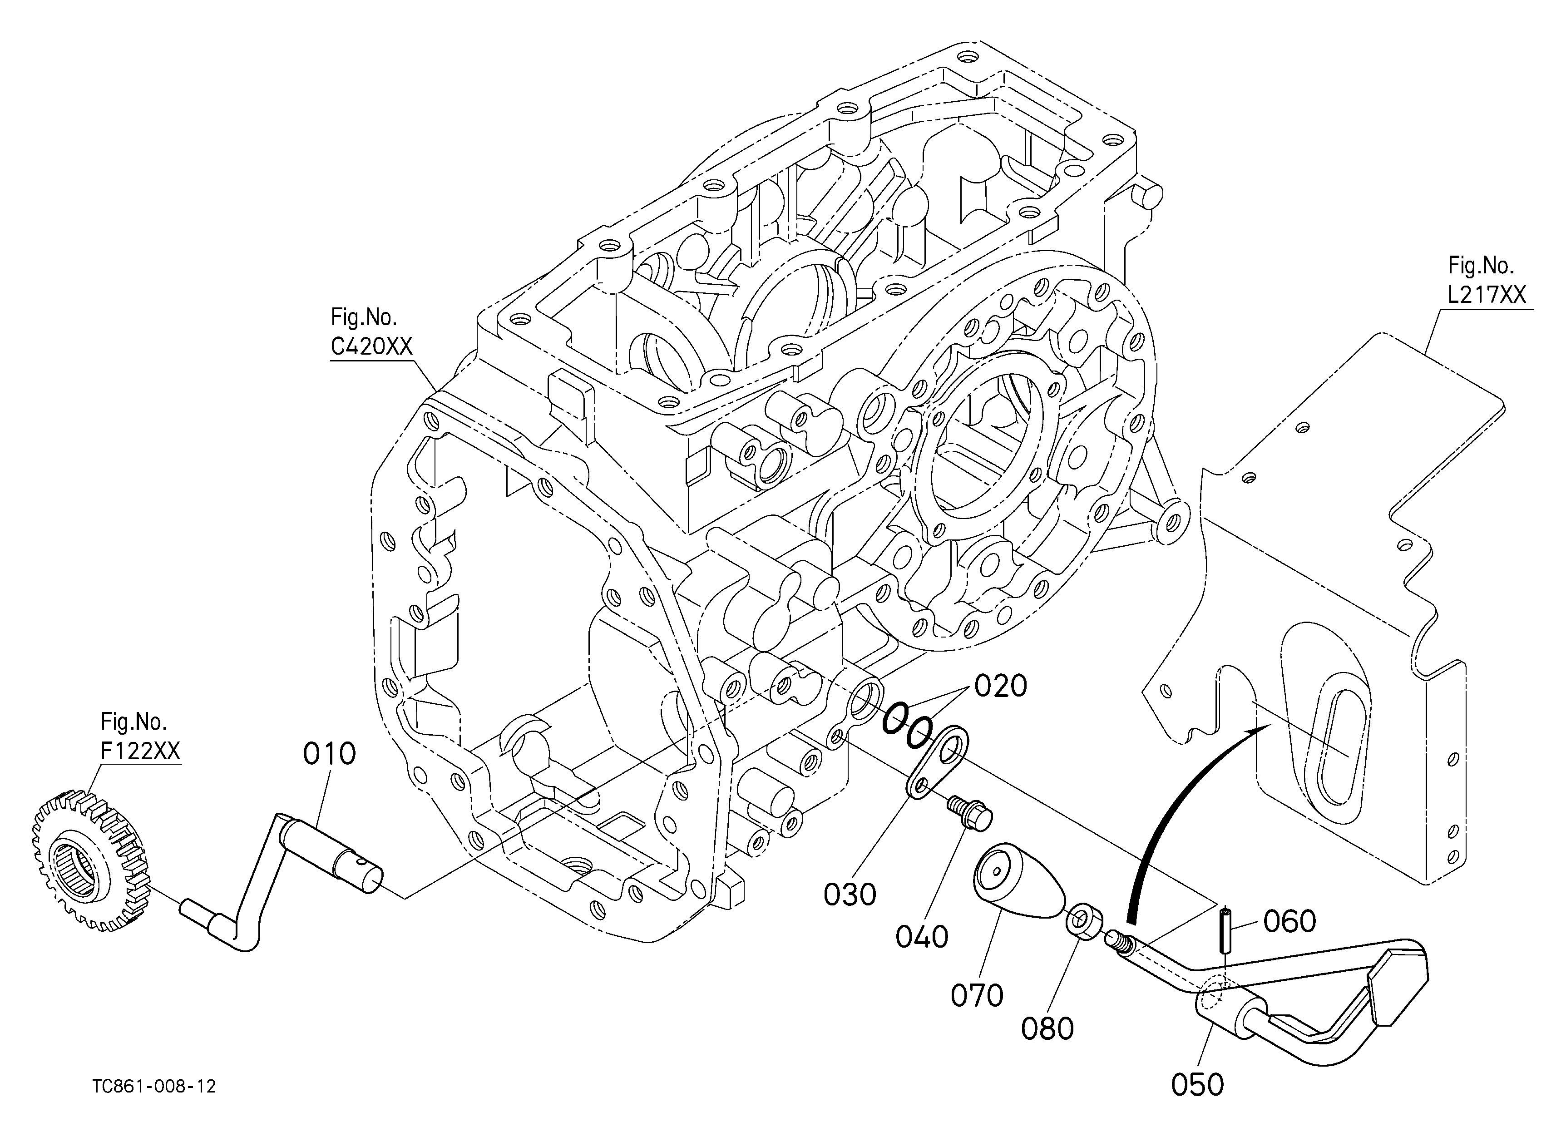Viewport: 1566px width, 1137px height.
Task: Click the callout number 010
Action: pos(329,753)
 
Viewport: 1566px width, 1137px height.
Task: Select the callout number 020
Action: pos(1001,686)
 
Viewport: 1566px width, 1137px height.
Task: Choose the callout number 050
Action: pos(1197,1084)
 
